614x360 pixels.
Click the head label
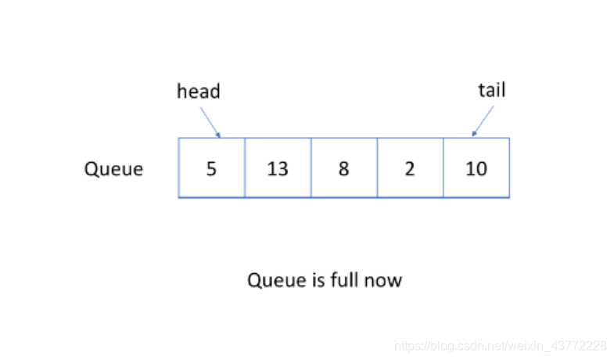point(199,92)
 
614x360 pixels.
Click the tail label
point(492,90)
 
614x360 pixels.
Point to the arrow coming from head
point(210,122)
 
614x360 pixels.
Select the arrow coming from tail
point(483,121)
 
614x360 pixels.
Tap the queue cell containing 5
point(211,167)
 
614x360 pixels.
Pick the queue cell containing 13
point(278,167)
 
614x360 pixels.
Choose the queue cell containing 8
point(344,167)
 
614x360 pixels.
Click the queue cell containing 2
point(411,167)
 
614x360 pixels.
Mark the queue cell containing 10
point(476,167)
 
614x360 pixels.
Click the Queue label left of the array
point(113,170)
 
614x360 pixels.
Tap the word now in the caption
point(383,281)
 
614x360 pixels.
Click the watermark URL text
point(500,345)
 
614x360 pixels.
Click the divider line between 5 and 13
point(245,167)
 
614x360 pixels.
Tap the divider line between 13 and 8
point(311,167)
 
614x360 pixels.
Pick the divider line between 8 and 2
point(378,167)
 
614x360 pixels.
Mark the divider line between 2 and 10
point(443,167)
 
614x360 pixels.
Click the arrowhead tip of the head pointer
point(220,137)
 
